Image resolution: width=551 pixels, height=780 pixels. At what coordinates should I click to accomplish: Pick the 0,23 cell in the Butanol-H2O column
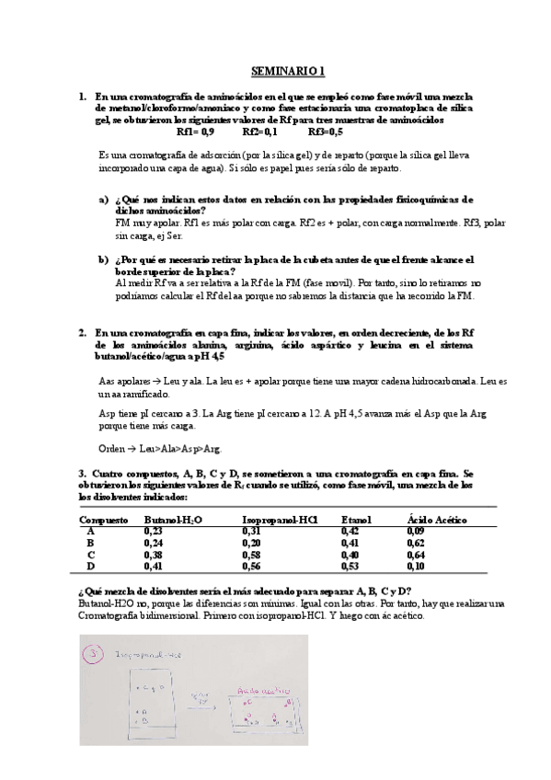[x=154, y=531]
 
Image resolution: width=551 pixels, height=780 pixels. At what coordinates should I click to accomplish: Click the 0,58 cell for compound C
[x=251, y=555]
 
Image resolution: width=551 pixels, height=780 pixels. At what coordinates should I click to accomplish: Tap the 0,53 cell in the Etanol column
[x=350, y=567]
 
